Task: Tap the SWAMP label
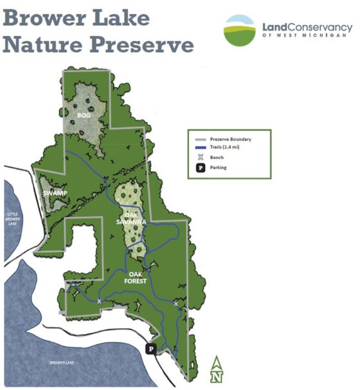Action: (55, 194)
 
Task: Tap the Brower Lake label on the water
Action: (63, 363)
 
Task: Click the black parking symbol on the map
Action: (151, 348)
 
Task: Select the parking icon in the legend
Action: (200, 167)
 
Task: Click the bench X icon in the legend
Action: (200, 157)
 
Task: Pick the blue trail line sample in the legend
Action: (200, 148)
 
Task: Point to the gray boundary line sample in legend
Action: (200, 139)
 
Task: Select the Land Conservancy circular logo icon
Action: (240, 30)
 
